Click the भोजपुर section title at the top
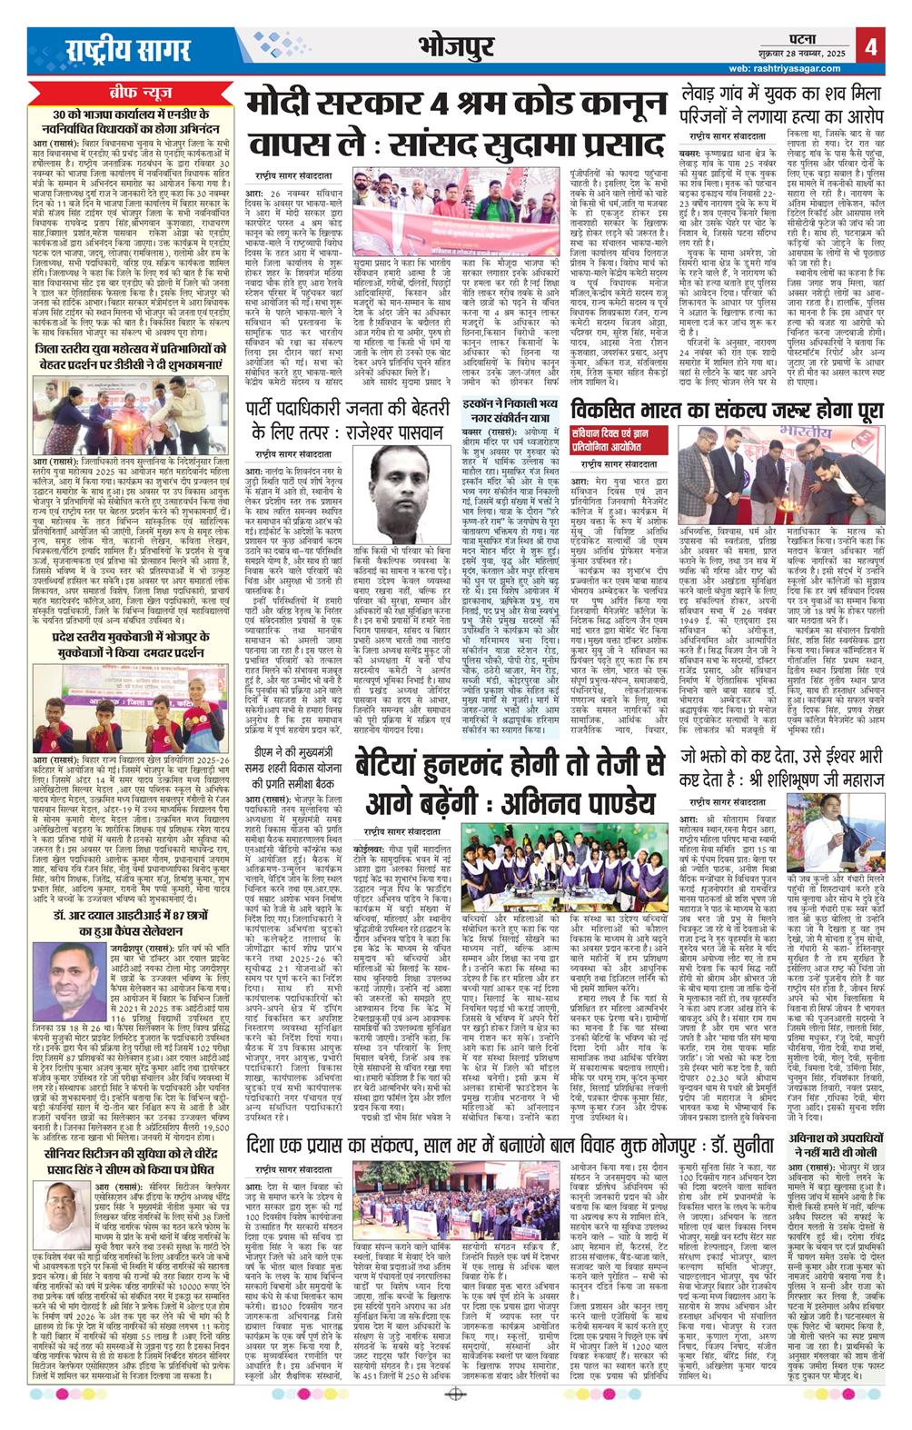pos(455,45)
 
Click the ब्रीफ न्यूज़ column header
pos(130,93)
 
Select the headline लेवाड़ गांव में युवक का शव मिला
pos(782,105)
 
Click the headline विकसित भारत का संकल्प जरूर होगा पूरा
pos(728,410)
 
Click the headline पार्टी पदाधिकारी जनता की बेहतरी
pos(349,421)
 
